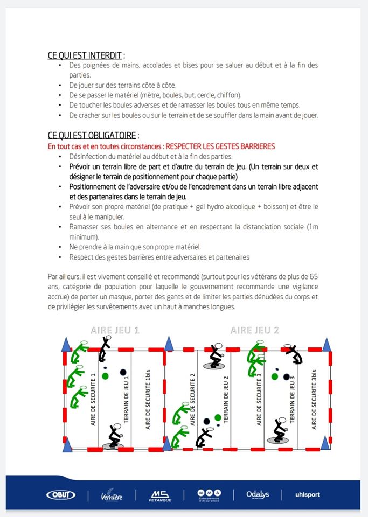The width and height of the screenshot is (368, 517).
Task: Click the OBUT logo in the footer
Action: click(x=61, y=495)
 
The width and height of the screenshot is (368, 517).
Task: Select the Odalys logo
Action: click(x=258, y=495)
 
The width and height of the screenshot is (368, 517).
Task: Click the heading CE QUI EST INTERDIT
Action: click(x=86, y=55)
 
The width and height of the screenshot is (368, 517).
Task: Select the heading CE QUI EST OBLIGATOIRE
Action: click(x=93, y=136)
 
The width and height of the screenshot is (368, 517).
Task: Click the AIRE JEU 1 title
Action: click(x=114, y=330)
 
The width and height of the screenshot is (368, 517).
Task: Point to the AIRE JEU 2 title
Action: click(x=254, y=330)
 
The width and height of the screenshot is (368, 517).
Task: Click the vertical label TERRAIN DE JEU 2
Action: click(x=226, y=399)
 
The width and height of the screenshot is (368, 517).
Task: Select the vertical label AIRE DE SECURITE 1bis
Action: click(x=148, y=399)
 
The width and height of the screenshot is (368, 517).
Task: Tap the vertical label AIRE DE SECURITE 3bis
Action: click(x=314, y=399)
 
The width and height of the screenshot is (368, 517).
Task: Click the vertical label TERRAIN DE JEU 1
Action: click(x=128, y=399)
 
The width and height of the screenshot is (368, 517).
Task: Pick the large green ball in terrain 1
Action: click(x=106, y=375)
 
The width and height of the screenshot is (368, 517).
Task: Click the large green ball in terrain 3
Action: click(x=271, y=375)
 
